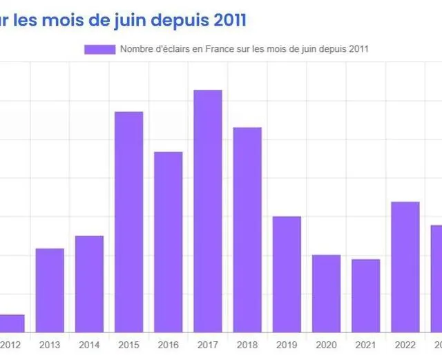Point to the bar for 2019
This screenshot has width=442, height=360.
coord(287,274)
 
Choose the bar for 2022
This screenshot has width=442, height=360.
coord(405,267)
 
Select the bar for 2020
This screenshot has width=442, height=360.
coord(326,293)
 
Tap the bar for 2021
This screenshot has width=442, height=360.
coord(365,295)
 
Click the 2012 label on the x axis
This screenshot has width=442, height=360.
coord(10,344)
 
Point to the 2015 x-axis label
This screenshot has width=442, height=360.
coord(128,344)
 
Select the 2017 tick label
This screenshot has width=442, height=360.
coord(208,344)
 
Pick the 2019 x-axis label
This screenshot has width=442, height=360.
coord(287,344)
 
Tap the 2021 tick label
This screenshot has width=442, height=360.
coord(365,344)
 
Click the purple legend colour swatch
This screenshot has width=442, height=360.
coord(99,49)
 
